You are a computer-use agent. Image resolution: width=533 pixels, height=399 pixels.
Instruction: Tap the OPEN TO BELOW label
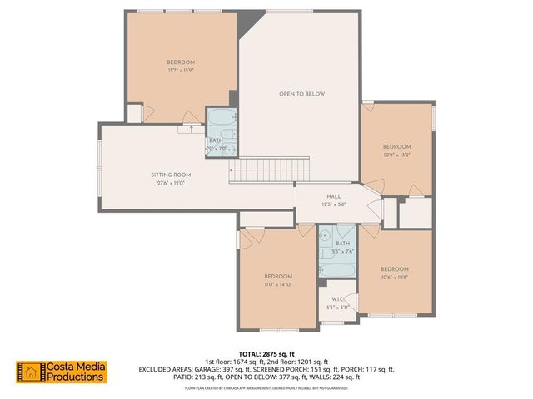[301, 94]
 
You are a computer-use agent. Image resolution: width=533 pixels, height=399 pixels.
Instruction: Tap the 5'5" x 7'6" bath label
[342, 247]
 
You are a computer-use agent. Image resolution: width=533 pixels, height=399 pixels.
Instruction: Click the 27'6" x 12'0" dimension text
[171, 184]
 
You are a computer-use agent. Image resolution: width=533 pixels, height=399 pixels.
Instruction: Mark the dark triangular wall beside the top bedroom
[245, 25]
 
